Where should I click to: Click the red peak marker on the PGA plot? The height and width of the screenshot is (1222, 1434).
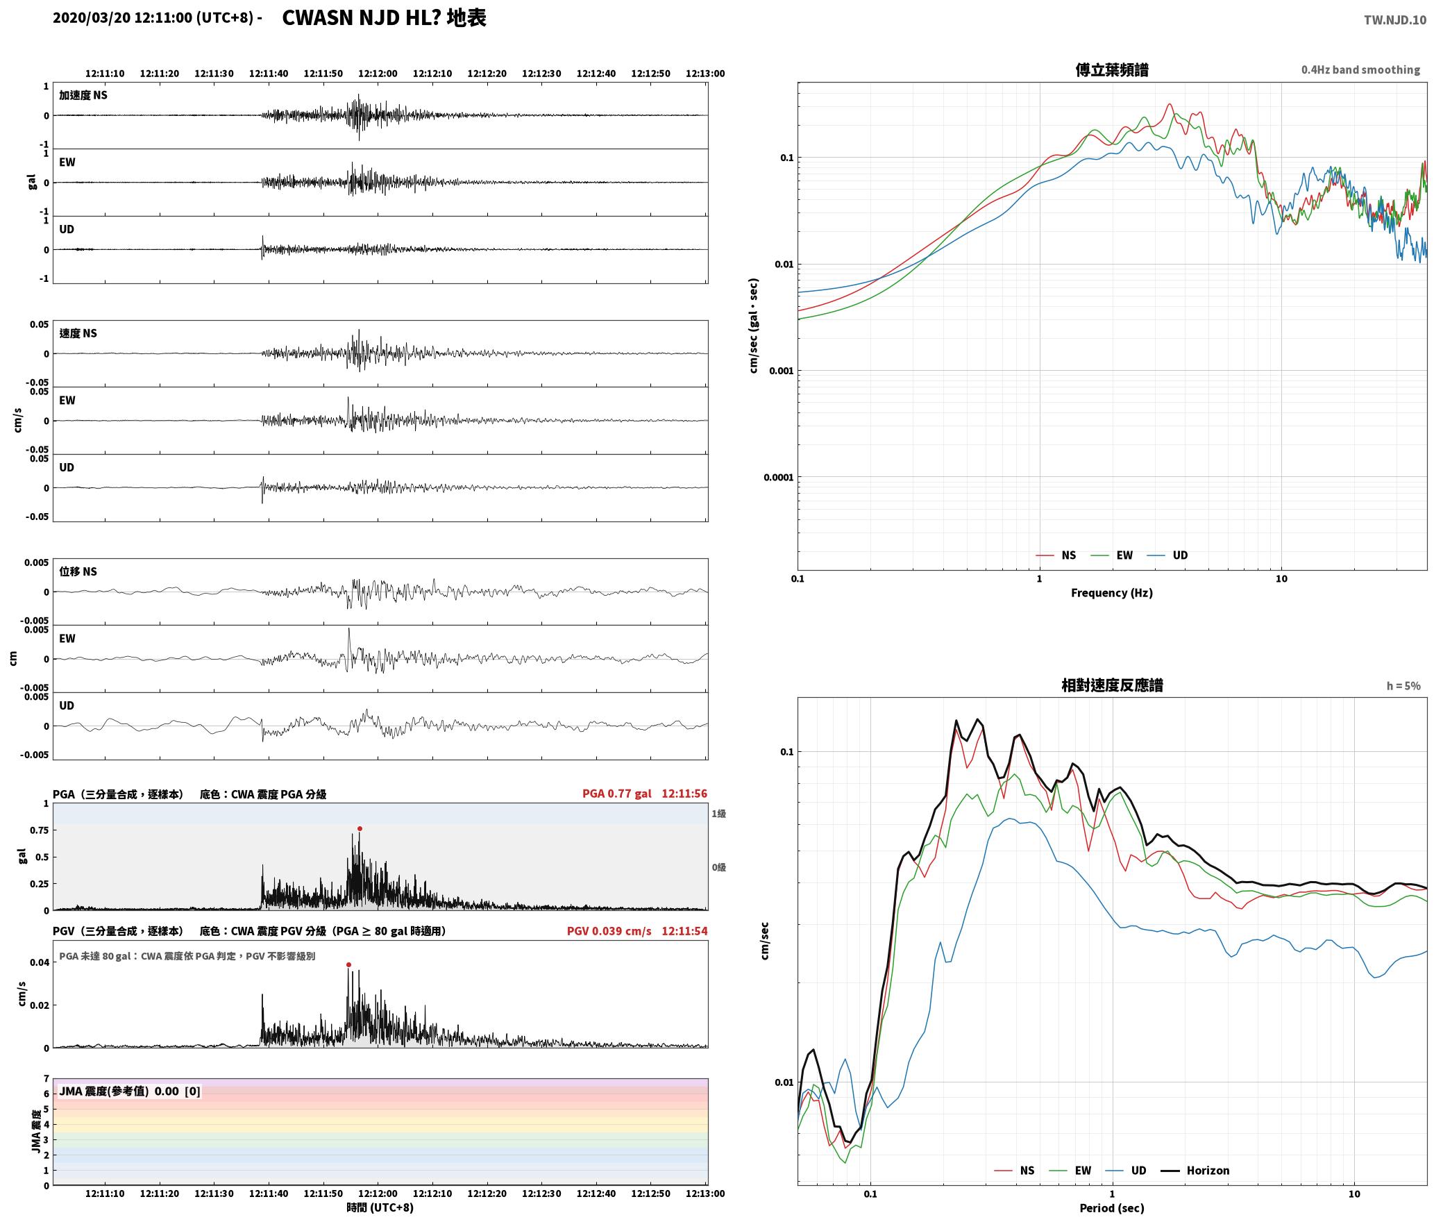click(360, 828)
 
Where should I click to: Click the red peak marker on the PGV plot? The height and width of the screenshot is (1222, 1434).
click(348, 964)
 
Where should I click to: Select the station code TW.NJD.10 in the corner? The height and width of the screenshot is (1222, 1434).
click(1395, 19)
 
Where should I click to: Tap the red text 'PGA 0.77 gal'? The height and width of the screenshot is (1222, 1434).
click(617, 794)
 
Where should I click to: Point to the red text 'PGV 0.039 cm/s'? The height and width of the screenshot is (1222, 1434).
click(609, 931)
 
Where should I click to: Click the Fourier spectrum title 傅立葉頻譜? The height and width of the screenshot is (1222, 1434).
click(1112, 69)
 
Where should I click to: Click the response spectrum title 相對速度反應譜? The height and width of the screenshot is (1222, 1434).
click(1112, 685)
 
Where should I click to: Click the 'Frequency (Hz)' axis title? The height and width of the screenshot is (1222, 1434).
click(1112, 592)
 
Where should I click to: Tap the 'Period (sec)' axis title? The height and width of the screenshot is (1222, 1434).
click(1112, 1207)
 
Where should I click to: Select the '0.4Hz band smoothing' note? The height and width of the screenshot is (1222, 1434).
click(1360, 69)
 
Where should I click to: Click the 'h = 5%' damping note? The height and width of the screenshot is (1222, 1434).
click(1403, 686)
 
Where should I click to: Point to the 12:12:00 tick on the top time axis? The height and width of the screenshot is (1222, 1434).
click(378, 74)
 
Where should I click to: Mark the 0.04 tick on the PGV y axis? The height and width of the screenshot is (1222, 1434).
click(40, 962)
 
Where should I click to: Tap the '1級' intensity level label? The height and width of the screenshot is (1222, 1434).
click(718, 814)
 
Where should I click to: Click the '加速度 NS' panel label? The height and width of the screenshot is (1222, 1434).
click(83, 95)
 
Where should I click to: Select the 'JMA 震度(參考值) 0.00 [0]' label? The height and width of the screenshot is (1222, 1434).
click(130, 1091)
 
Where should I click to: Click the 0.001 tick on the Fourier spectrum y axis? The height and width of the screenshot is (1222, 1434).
click(781, 371)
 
